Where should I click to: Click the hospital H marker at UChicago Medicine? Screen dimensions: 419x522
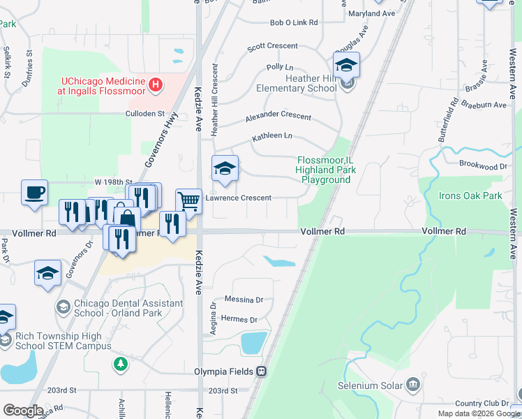pyautogui.click(x=156, y=85)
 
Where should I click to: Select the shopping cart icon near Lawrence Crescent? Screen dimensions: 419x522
pyautogui.click(x=188, y=201)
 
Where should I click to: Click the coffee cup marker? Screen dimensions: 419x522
pyautogui.click(x=34, y=193)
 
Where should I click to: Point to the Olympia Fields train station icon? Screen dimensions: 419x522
pyautogui.click(x=262, y=372)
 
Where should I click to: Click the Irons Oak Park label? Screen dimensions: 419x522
pyautogui.click(x=470, y=196)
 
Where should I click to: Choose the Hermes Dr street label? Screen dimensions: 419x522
pyautogui.click(x=239, y=320)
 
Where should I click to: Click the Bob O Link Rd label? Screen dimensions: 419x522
pyautogui.click(x=294, y=23)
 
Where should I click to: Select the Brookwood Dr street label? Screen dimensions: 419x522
pyautogui.click(x=483, y=166)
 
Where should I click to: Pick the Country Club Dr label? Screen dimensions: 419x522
pyautogui.click(x=482, y=404)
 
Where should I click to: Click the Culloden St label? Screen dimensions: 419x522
pyautogui.click(x=144, y=113)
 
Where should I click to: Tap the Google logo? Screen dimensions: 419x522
pyautogui.click(x=23, y=411)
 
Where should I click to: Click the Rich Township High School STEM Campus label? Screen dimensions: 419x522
pyautogui.click(x=59, y=341)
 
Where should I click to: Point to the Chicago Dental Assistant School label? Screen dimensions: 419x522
pyautogui.click(x=119, y=308)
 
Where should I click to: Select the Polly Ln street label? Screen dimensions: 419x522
pyautogui.click(x=279, y=67)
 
